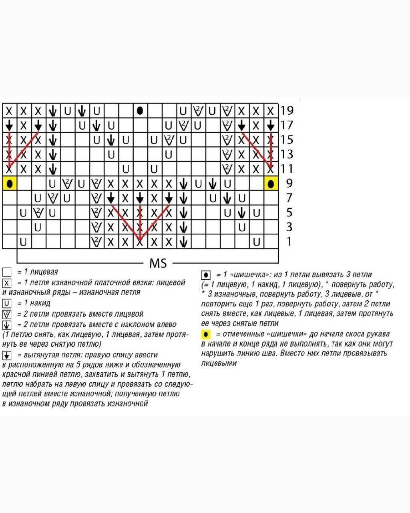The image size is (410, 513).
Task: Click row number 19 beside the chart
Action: point(287,110)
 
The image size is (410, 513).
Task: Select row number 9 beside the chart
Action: point(289,184)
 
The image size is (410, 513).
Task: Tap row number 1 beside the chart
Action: point(289,242)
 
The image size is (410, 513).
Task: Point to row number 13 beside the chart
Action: point(287,154)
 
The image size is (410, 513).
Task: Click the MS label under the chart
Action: point(158,263)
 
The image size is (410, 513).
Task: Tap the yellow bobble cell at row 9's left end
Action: point(10,184)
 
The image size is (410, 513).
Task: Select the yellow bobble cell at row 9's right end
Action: point(271,184)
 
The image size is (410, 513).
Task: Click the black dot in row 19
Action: point(140,110)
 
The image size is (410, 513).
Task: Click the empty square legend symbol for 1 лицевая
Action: point(7,272)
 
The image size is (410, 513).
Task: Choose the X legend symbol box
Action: point(7,283)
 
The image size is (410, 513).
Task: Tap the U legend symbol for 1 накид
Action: point(7,303)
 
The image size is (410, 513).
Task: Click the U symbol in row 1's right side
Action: point(256,242)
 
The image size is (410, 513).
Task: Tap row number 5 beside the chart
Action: point(289,213)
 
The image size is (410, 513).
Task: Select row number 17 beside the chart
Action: point(287,125)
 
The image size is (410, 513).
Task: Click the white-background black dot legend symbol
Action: point(205,275)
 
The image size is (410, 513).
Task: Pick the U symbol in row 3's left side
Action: point(38,227)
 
